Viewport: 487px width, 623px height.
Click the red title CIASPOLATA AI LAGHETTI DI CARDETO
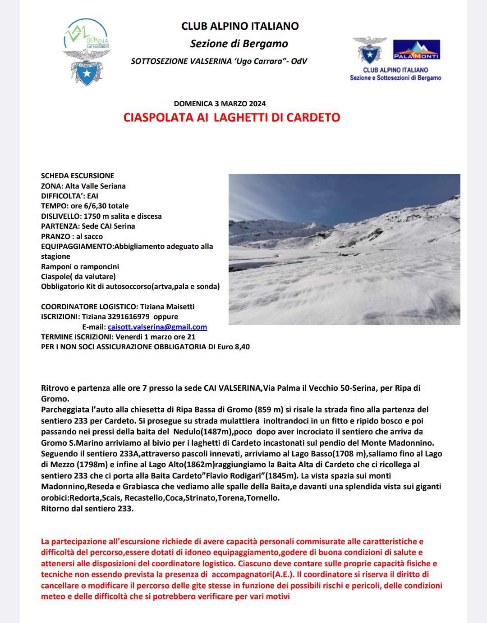point(231,117)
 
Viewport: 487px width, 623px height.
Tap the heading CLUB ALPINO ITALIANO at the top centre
point(240,26)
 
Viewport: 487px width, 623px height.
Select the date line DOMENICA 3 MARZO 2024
point(220,104)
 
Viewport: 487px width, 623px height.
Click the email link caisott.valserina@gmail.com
point(157,327)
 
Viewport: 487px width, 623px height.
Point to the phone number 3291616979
point(129,316)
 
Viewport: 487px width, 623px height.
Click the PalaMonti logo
point(416,50)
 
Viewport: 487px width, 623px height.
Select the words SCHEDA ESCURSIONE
point(78,176)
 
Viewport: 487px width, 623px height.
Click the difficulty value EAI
point(92,196)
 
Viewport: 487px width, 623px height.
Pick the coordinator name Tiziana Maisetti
point(167,307)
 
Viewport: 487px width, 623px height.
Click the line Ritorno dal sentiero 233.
point(87,509)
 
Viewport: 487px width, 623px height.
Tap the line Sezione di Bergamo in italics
point(239,44)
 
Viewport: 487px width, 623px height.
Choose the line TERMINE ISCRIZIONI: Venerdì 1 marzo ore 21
point(118,337)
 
